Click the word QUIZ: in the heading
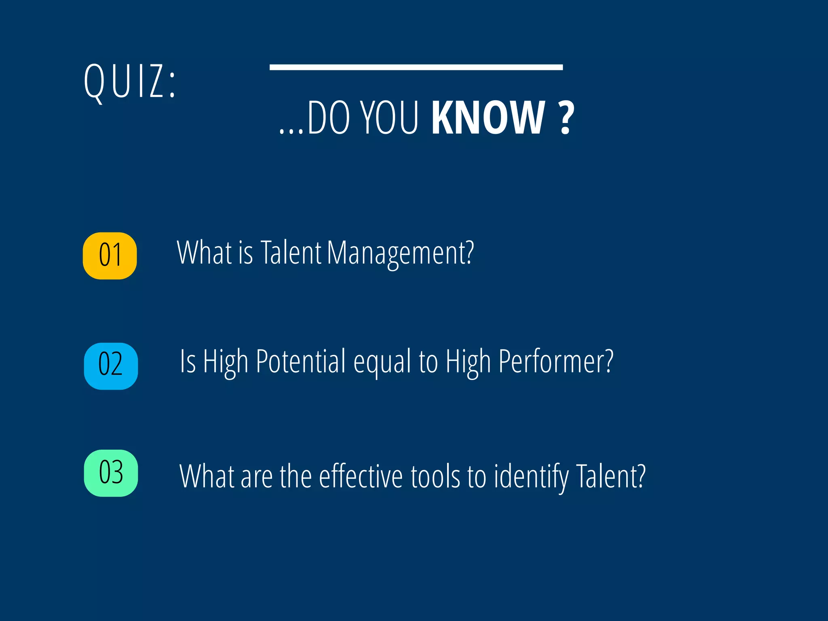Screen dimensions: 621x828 pos(130,82)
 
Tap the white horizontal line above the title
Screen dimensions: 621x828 pos(416,67)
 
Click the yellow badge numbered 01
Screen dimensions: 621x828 pos(110,256)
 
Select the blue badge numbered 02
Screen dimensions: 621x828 pos(111,366)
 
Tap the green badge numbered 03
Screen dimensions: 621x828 pos(111,473)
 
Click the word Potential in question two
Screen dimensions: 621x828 pos(301,362)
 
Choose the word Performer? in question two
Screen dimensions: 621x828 pos(556,362)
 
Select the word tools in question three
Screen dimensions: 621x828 pos(435,477)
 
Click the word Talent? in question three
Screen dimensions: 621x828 pos(610,477)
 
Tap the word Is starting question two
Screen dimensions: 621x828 pos(188,362)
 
